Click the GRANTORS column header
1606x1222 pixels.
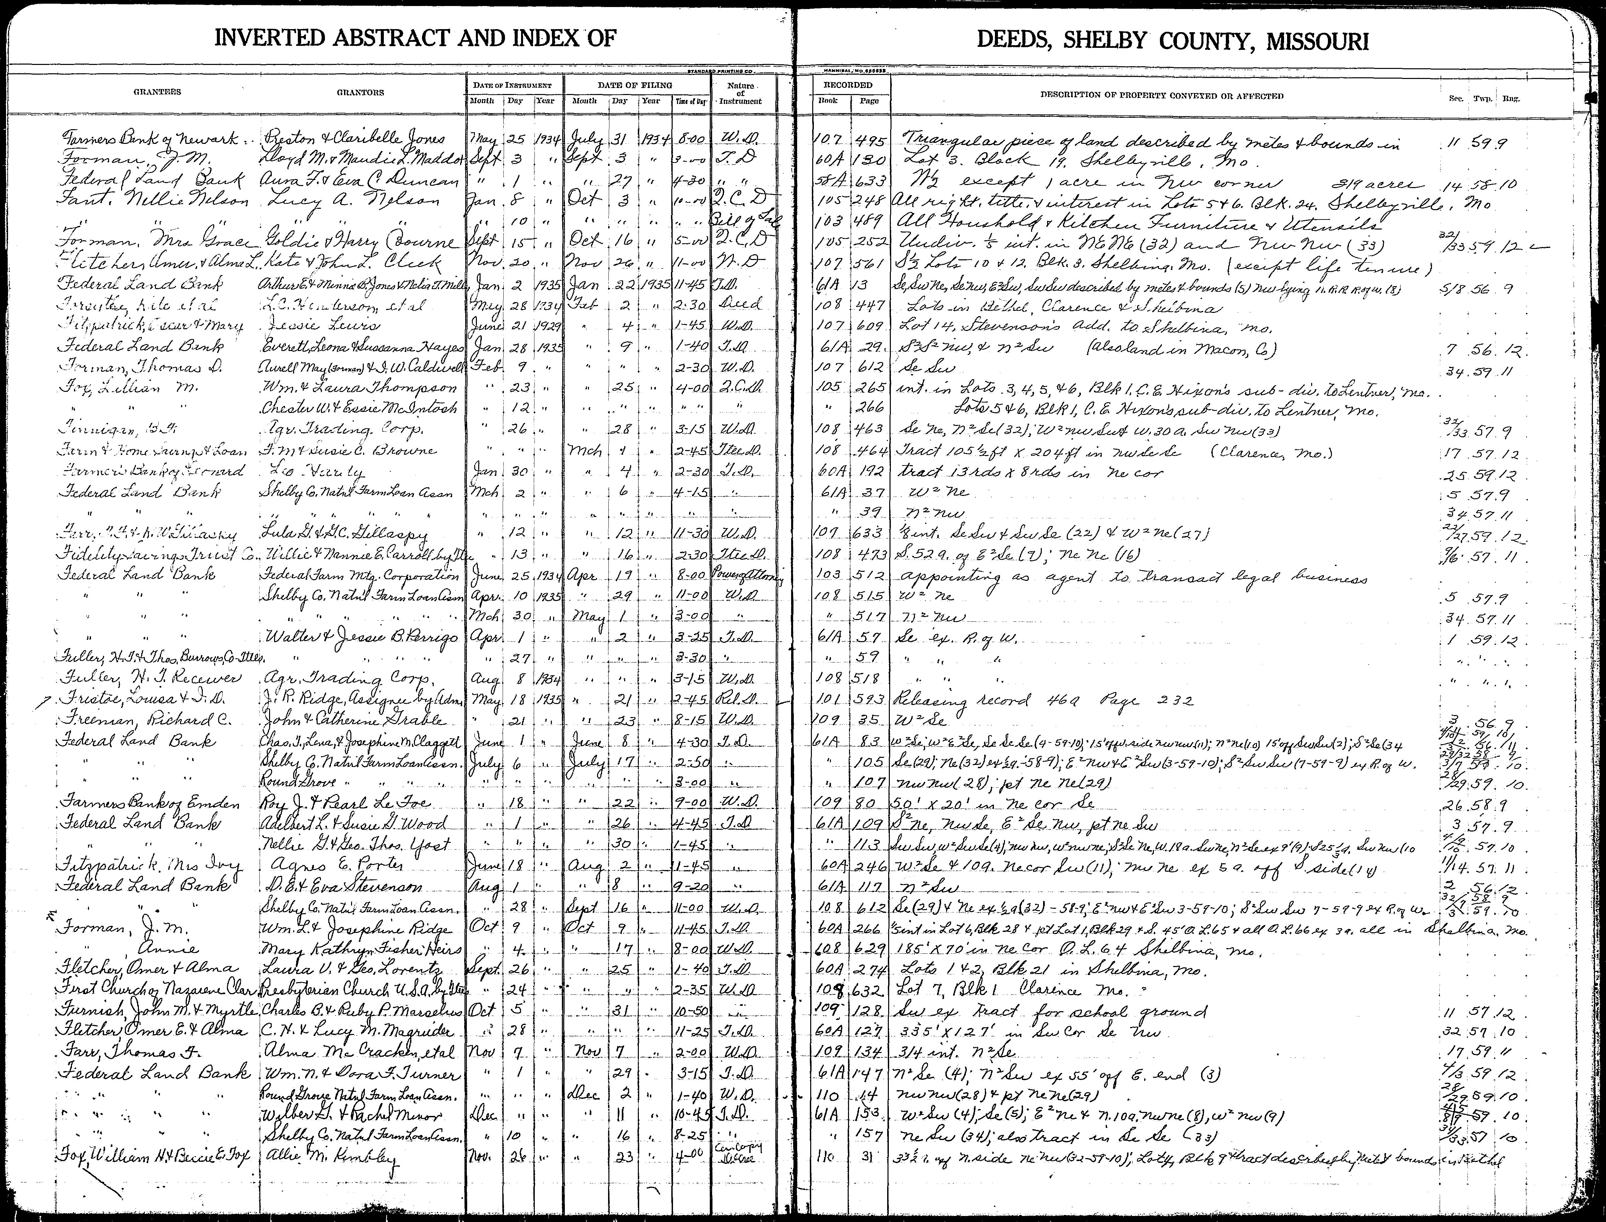pos(360,92)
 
